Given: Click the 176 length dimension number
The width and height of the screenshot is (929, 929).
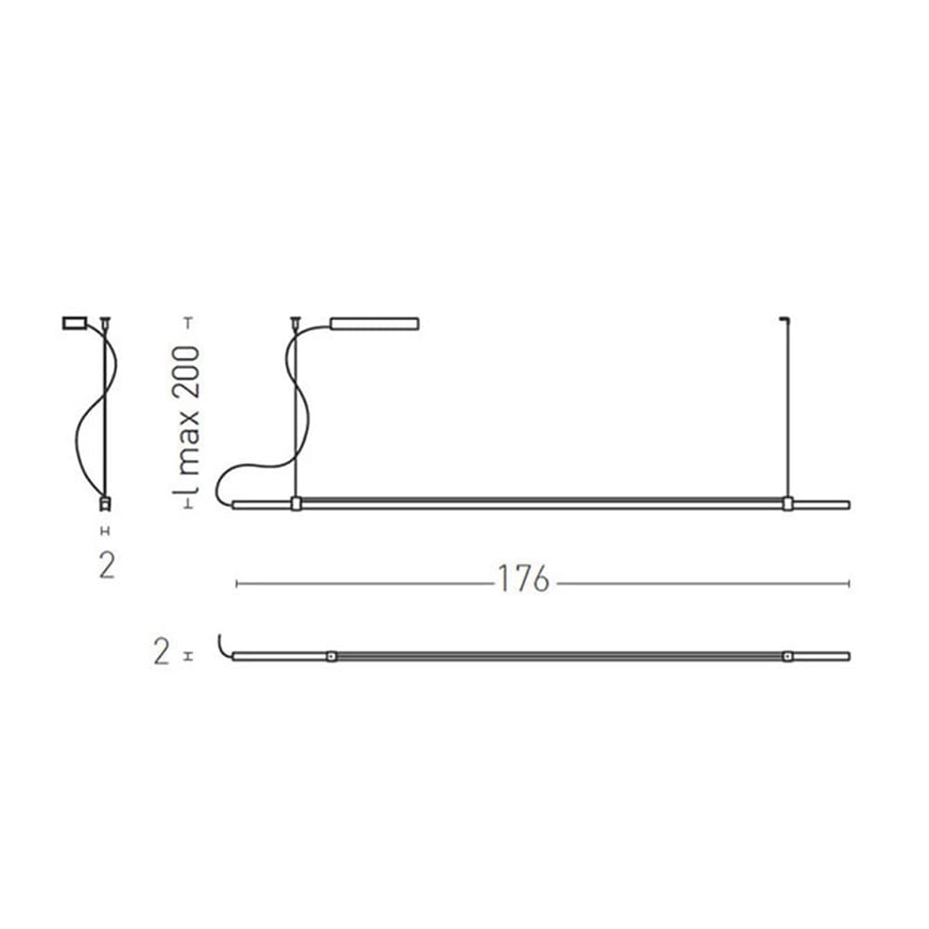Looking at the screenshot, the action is (523, 579).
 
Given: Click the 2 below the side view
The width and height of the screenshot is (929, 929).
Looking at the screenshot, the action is (107, 566).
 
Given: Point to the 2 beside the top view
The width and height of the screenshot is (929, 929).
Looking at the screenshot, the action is (161, 651).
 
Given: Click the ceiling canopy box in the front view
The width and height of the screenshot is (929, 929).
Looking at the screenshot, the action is (374, 323).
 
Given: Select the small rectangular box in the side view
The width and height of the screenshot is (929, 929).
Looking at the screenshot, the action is (74, 323).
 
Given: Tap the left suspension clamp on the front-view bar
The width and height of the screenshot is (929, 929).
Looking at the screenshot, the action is (296, 504).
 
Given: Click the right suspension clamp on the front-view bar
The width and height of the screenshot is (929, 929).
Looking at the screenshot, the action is (788, 504).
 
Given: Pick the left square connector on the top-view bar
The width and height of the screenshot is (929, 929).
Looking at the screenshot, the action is (332, 656).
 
